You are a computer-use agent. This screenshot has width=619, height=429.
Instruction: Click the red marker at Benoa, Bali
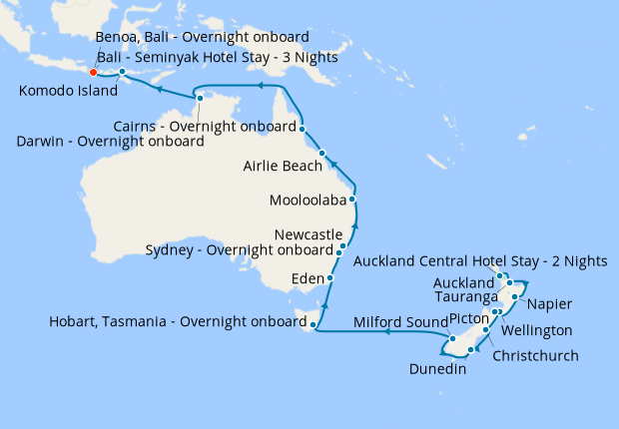coord(93,72)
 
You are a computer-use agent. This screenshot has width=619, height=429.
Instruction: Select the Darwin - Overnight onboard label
coord(111,142)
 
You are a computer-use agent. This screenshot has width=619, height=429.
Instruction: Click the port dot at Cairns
coord(302,128)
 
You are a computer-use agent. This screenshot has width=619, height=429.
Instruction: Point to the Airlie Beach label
coord(283,166)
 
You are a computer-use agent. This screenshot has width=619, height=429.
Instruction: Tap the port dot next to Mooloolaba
coord(352,200)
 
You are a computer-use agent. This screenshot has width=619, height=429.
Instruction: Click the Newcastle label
coord(307,233)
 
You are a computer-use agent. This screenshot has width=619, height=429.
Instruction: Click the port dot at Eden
coord(329,278)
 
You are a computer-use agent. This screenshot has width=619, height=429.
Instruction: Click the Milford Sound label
coord(400,321)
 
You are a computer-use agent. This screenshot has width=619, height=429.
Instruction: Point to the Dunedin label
coord(438,370)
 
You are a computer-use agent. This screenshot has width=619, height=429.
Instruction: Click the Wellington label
coord(536,329)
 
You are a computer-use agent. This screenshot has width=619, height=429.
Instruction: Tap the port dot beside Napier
coord(514,297)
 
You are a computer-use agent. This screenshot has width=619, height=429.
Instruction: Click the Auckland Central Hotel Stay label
coord(480,261)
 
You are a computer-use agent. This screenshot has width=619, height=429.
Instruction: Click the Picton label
coord(469,318)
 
